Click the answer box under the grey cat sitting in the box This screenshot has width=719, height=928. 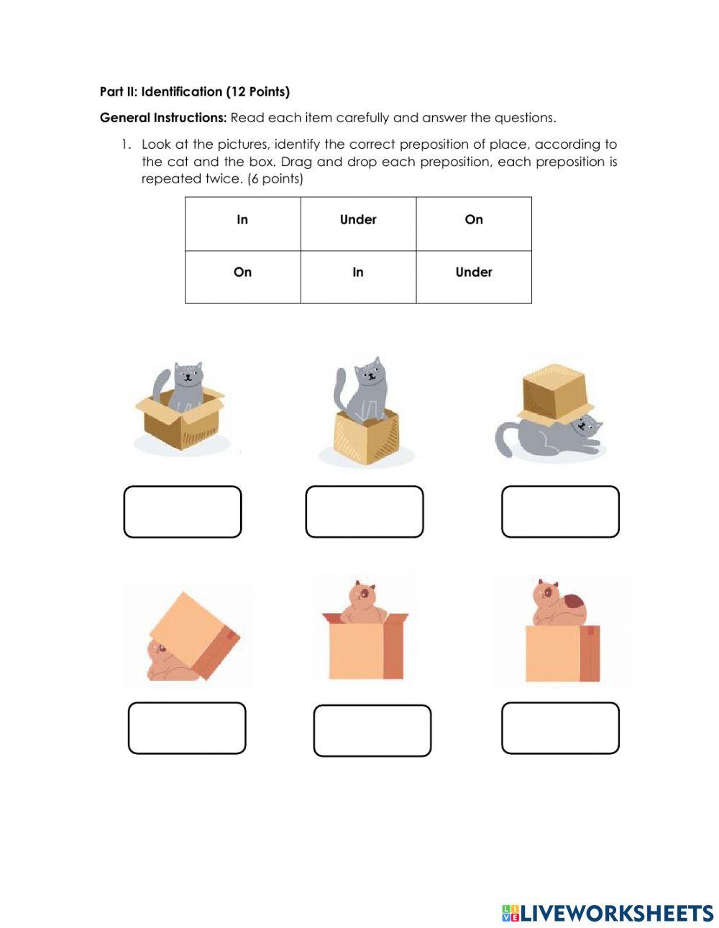tap(183, 512)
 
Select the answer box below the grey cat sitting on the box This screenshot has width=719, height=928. tap(365, 512)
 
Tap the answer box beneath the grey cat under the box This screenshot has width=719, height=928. tap(560, 512)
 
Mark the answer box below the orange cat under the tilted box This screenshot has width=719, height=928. tap(187, 728)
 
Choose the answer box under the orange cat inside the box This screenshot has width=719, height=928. tap(372, 730)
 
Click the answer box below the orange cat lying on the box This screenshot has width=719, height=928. tap(560, 728)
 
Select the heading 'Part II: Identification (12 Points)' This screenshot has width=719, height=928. tap(195, 92)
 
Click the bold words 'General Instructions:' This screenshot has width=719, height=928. tap(163, 118)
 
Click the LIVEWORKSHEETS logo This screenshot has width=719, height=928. tap(608, 913)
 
